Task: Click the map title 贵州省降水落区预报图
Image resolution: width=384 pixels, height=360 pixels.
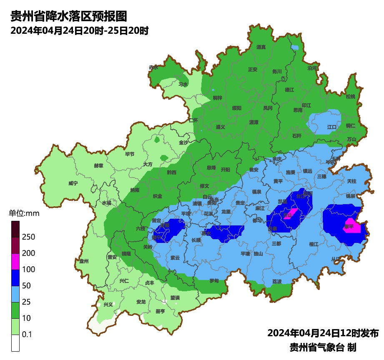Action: tap(68, 16)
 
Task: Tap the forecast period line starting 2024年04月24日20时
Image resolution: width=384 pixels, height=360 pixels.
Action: tap(79, 30)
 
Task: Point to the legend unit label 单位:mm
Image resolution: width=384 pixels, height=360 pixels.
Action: tap(24, 214)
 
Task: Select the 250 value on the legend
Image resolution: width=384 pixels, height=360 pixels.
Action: tap(29, 237)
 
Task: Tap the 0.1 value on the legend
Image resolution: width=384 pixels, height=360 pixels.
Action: tap(27, 334)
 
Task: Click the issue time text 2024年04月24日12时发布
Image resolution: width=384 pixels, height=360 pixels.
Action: tap(323, 333)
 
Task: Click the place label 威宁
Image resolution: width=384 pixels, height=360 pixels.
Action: tap(73, 183)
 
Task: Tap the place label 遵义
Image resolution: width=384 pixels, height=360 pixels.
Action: tap(220, 127)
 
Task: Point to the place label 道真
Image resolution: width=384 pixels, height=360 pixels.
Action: tap(261, 47)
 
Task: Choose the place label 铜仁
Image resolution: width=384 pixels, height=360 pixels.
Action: tap(350, 125)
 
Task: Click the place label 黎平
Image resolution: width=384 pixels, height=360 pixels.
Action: tap(349, 227)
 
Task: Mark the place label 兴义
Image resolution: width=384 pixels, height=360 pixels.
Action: tap(108, 305)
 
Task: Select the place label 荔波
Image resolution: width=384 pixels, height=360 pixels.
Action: tap(277, 282)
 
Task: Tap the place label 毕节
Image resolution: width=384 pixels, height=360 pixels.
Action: tap(130, 154)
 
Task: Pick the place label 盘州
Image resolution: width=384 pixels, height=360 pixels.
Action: tap(84, 261)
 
